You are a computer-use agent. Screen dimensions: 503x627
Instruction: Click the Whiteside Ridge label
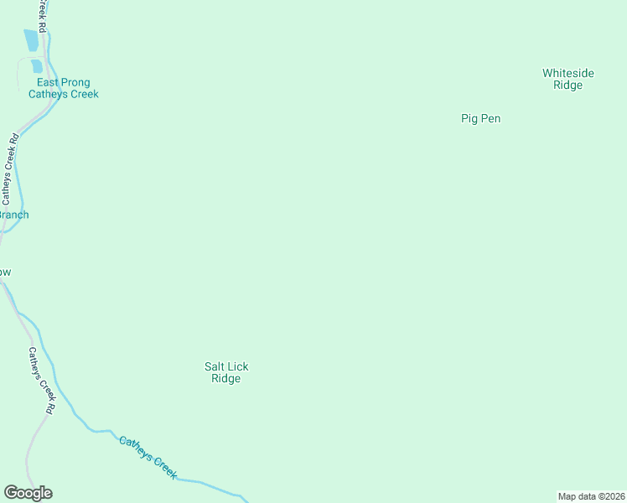[567, 79]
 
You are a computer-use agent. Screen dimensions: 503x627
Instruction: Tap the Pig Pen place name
[480, 118]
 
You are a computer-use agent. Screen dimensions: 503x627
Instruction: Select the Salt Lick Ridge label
[226, 372]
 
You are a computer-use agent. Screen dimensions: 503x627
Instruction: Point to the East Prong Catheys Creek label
[64, 88]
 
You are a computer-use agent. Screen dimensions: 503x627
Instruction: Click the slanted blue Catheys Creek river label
[148, 457]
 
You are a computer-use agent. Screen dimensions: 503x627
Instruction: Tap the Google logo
[28, 493]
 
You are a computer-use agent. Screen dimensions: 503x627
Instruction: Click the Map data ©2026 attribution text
[591, 496]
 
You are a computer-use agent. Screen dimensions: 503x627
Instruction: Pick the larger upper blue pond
[31, 39]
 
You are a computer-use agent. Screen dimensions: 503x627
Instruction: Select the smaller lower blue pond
[36, 66]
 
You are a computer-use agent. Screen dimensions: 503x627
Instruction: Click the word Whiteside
[567, 73]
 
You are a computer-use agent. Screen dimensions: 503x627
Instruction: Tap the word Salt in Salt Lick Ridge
[215, 366]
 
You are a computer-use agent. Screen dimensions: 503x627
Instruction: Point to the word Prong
[75, 82]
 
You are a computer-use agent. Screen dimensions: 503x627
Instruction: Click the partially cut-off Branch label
[13, 215]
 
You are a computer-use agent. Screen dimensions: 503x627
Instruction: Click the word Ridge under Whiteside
[567, 86]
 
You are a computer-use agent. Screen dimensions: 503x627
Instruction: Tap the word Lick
[238, 366]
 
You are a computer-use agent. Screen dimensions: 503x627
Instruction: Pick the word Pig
[469, 118]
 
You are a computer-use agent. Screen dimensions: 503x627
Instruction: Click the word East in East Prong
[48, 82]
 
